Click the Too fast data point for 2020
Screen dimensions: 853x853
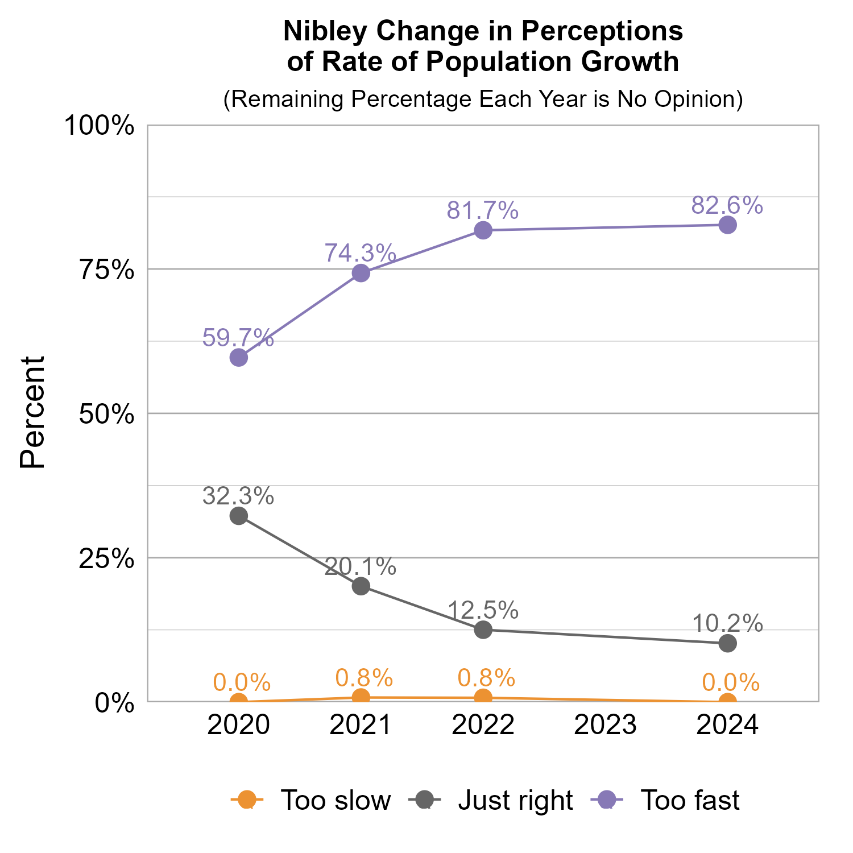(x=238, y=358)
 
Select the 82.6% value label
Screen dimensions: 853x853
(x=727, y=205)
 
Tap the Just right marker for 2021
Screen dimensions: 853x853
(x=361, y=586)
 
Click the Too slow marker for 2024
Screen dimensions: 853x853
(x=727, y=701)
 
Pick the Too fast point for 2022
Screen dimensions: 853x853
(x=483, y=230)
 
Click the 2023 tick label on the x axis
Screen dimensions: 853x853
(x=605, y=726)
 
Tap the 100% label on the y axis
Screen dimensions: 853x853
(x=99, y=126)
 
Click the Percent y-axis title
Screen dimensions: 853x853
(x=32, y=413)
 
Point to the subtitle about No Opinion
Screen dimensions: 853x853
(x=483, y=99)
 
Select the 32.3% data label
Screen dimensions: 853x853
(x=238, y=496)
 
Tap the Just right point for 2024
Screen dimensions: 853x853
(x=727, y=643)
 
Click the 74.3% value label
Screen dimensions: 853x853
(x=360, y=253)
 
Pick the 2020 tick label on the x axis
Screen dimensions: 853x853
(x=238, y=726)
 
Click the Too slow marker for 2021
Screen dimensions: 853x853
(x=361, y=697)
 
